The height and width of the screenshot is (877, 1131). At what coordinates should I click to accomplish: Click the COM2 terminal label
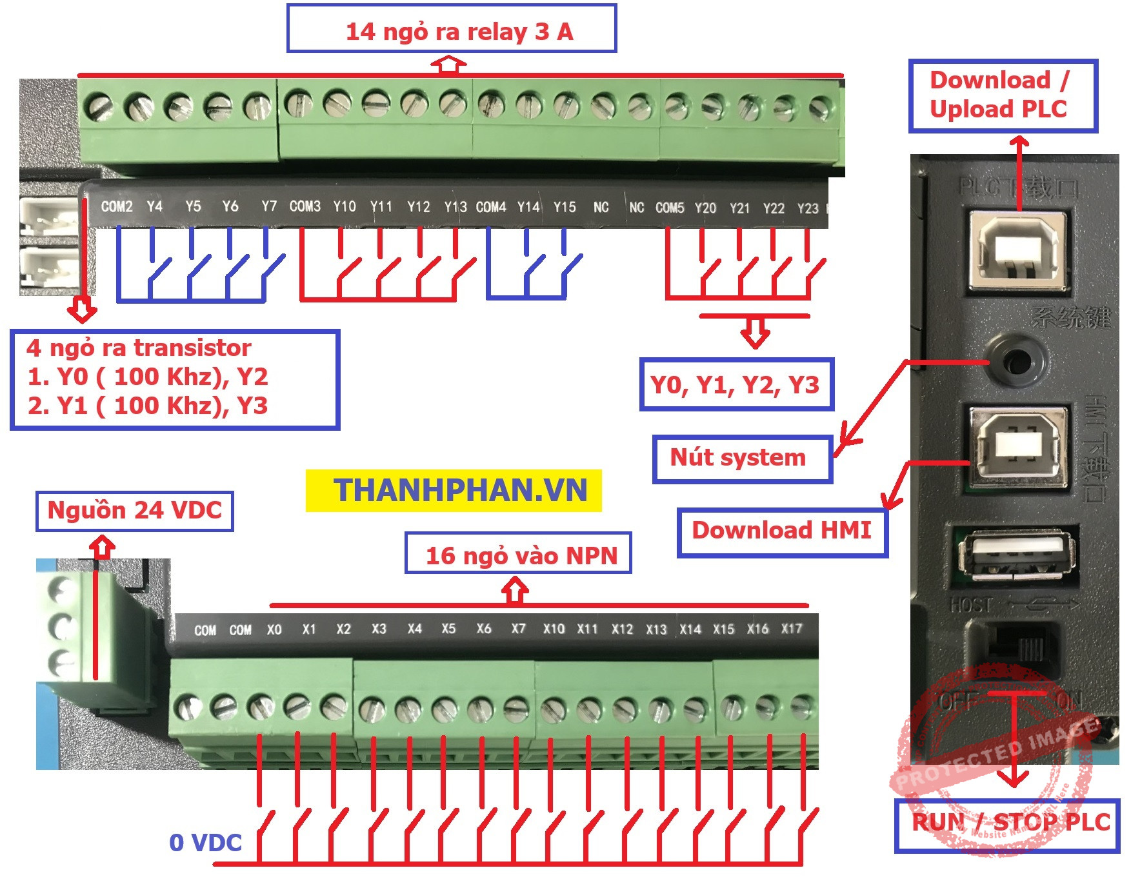coord(117,206)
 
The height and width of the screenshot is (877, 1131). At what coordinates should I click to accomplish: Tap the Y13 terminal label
coord(455,207)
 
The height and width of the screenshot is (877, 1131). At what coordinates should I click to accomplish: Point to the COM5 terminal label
coord(670,208)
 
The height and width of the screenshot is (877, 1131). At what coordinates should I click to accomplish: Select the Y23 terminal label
coord(807,208)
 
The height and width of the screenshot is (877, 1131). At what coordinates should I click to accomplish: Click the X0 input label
coord(274,629)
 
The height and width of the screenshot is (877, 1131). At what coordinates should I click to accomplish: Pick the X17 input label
coord(791,628)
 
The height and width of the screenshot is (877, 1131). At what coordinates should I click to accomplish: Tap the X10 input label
coord(554,629)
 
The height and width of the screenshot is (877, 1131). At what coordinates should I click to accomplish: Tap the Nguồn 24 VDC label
coord(134,511)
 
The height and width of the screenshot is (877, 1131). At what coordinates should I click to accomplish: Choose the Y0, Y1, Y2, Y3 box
coord(736,385)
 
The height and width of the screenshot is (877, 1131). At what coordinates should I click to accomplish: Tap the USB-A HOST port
coord(1016,554)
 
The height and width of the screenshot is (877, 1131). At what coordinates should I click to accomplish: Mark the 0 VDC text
coord(205,843)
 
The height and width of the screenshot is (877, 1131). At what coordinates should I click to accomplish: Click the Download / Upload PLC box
coord(1003,96)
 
